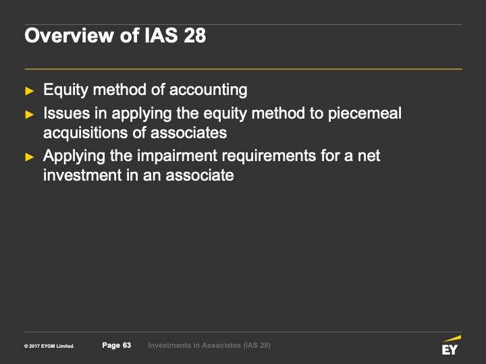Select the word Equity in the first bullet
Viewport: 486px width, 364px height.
66,90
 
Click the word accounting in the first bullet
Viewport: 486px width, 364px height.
209,90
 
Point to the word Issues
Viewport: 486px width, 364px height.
67,113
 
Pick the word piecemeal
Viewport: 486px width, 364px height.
364,114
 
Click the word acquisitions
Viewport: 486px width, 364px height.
86,133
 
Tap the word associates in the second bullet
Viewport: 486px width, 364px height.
188,133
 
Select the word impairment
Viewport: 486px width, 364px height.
177,156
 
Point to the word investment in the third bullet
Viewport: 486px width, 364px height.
82,175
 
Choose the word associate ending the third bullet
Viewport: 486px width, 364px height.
200,175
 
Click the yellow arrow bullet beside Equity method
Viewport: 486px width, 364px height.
30,91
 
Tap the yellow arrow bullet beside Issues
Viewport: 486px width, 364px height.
30,115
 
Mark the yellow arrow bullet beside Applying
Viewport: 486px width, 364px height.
30,157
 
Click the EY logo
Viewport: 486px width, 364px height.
452,345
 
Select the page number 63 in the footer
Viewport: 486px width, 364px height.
127,345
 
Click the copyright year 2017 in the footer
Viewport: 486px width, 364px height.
34,346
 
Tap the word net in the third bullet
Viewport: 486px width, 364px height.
369,156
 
